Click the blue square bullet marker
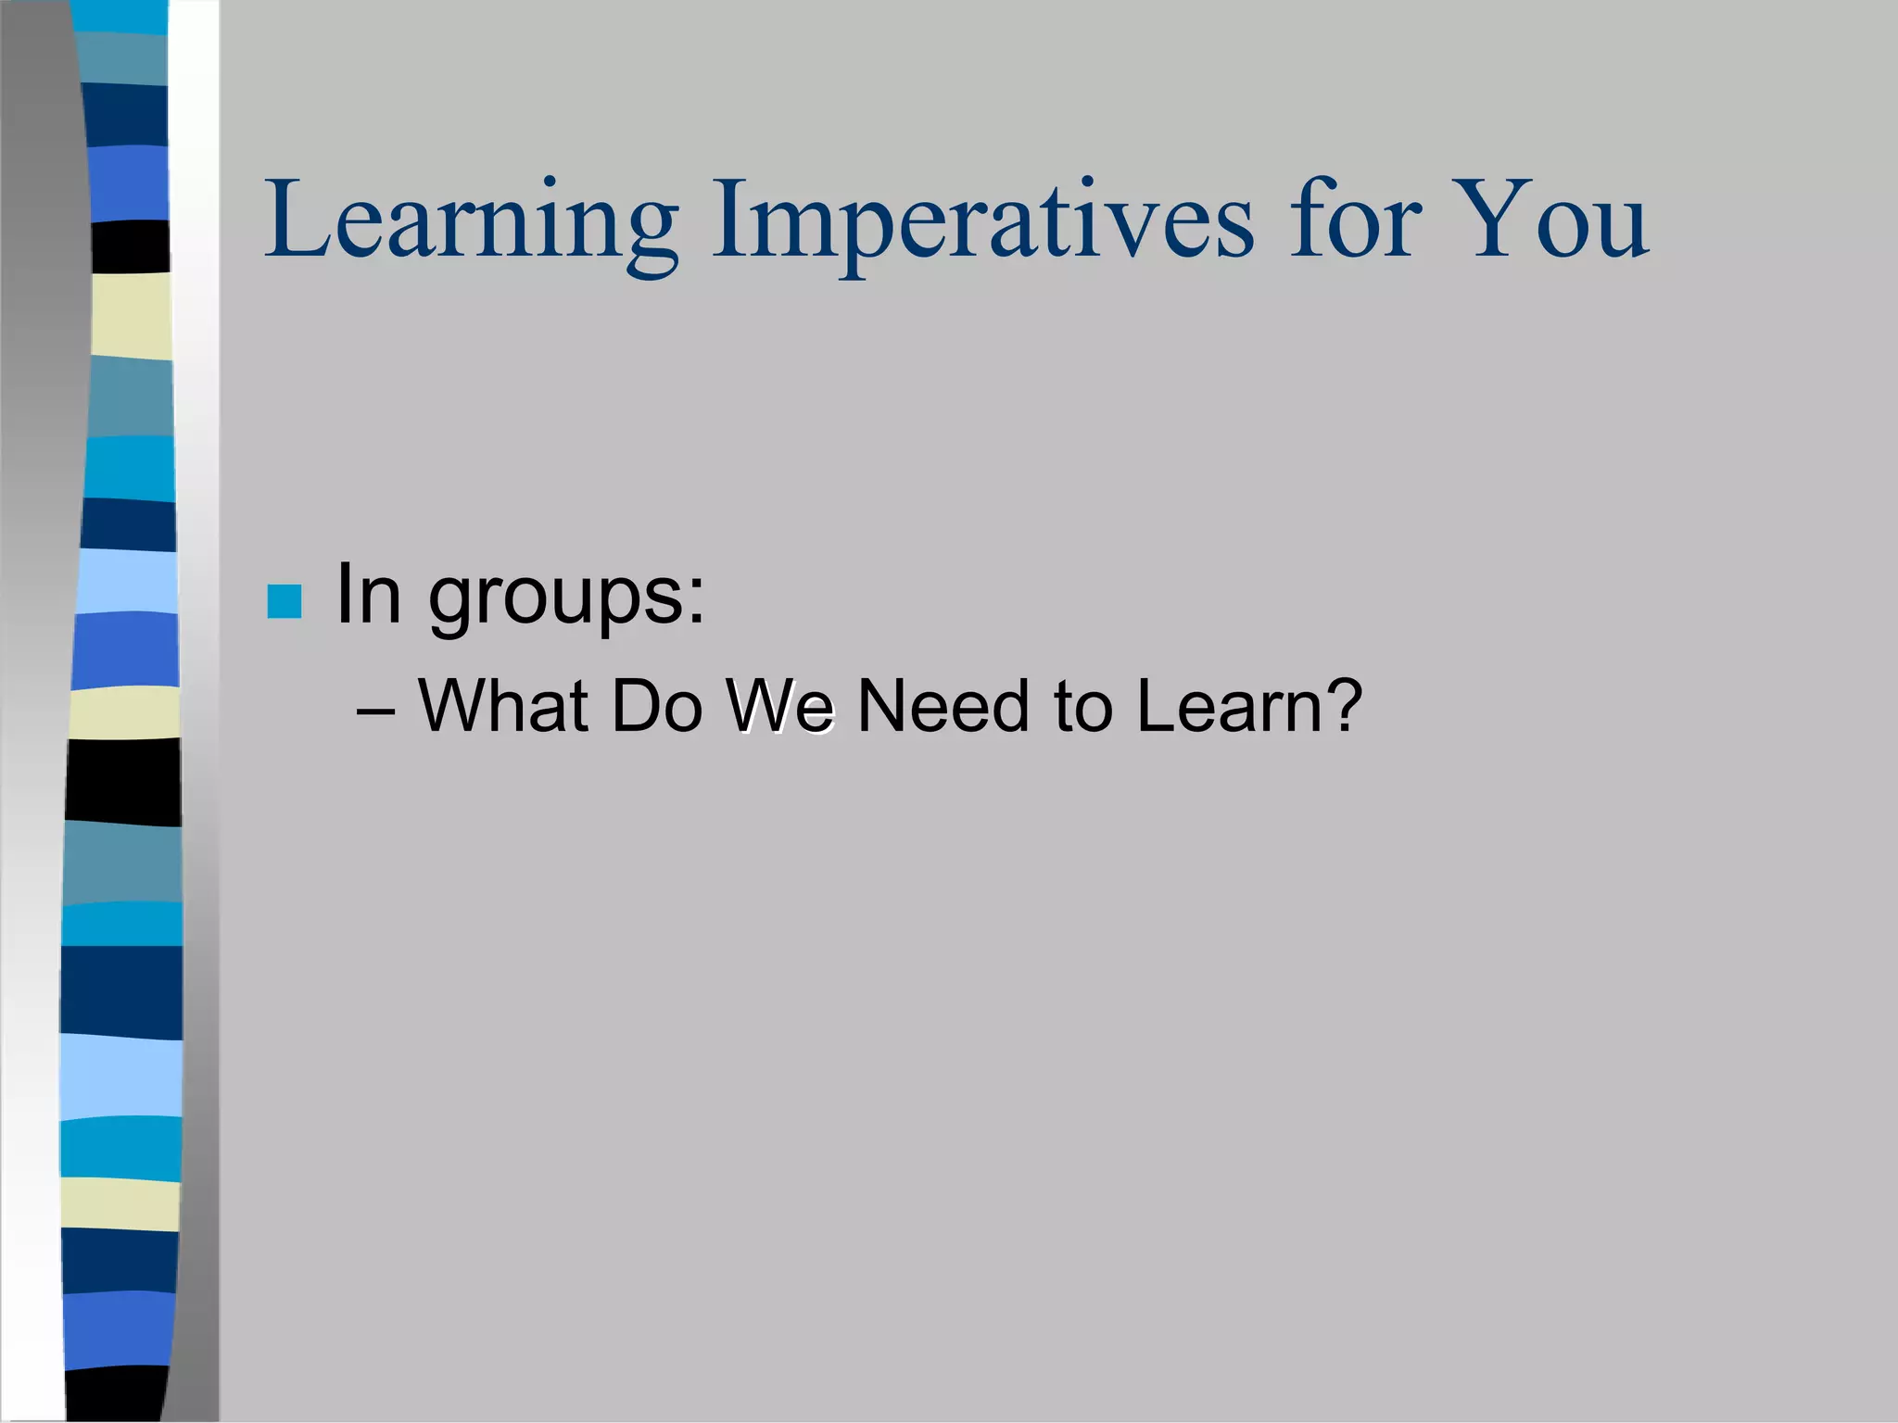pyautogui.click(x=284, y=601)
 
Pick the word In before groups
pyautogui.click(x=369, y=594)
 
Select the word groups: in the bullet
pyautogui.click(x=566, y=599)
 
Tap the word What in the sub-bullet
pyautogui.click(x=503, y=706)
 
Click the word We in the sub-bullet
pyautogui.click(x=780, y=706)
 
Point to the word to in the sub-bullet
pyautogui.click(x=1082, y=706)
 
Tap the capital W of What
pyautogui.click(x=453, y=706)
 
